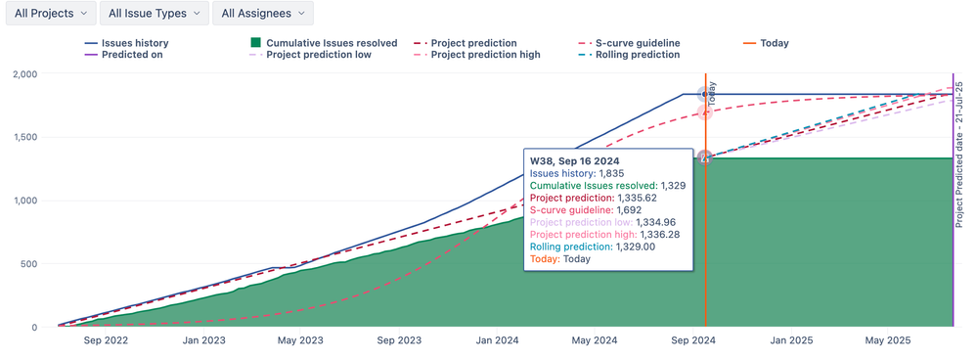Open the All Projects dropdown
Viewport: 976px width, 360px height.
pos(49,14)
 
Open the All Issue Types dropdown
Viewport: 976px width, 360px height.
pos(155,14)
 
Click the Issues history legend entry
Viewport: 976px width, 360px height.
pos(126,43)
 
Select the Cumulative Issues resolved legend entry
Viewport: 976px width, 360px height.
pos(324,43)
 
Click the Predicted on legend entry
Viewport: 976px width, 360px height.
pos(124,55)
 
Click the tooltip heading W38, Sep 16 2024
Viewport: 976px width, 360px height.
pos(574,160)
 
